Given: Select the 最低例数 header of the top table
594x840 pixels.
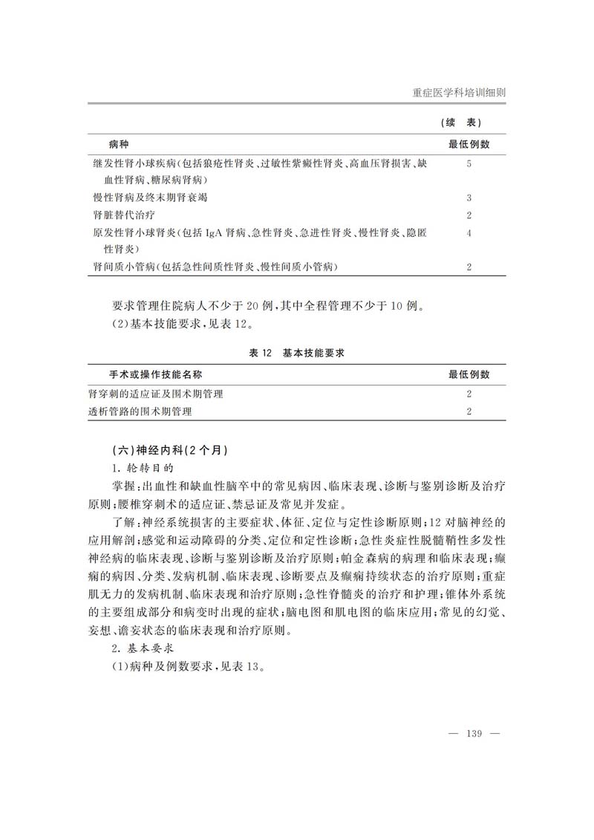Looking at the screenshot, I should tap(469, 143).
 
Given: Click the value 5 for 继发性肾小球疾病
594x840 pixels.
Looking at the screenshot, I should tap(469, 163).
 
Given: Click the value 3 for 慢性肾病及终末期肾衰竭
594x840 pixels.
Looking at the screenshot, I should tap(469, 198).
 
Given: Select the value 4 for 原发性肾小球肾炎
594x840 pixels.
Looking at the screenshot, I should tap(469, 233).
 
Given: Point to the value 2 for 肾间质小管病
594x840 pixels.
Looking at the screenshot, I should tap(469, 266).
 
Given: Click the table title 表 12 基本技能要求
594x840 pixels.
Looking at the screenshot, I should tap(297, 354).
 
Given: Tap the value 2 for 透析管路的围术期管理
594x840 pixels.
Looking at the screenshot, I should tap(469, 411).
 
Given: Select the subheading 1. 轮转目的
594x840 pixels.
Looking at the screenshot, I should tap(142, 469).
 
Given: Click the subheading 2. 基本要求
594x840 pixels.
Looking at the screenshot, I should tap(142, 648).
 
